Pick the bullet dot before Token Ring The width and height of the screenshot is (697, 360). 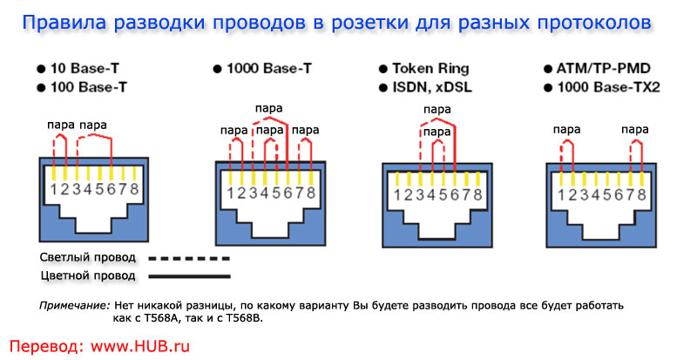382,68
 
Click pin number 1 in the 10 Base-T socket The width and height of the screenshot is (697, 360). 54,188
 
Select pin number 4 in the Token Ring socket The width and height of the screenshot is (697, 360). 434,193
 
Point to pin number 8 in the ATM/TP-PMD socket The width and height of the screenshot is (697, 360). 642,193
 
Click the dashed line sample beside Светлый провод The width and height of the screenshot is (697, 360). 188,259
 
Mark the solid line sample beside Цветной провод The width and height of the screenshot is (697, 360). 188,276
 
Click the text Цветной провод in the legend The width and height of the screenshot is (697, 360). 88,276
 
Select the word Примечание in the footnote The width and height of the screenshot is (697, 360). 74,306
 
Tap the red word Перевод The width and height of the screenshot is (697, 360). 43,345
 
